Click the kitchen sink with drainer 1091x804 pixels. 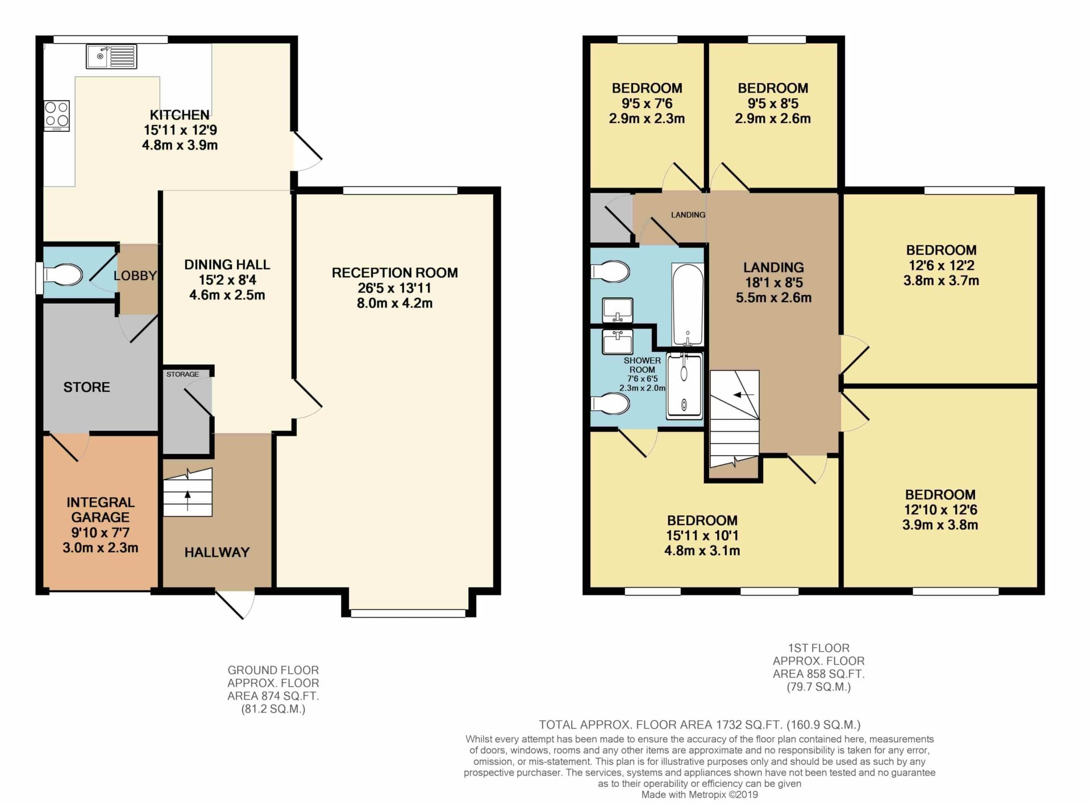[x=111, y=56]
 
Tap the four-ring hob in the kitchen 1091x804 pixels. [x=57, y=115]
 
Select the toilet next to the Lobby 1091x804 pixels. [x=62, y=275]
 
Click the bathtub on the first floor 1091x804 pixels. [x=688, y=305]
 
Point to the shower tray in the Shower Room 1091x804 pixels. [x=684, y=384]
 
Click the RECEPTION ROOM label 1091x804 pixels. [x=395, y=273]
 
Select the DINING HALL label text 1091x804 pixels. [x=227, y=264]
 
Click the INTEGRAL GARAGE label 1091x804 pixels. [x=101, y=510]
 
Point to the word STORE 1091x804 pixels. [x=86, y=387]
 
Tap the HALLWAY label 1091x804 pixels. [x=217, y=552]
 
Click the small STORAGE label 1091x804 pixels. [x=182, y=374]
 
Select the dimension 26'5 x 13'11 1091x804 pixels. [x=394, y=288]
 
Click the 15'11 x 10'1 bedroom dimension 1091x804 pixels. [x=702, y=535]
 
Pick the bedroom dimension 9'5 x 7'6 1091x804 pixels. [x=647, y=103]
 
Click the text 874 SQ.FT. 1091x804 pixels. [x=273, y=696]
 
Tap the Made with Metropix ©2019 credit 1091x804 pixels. [x=699, y=795]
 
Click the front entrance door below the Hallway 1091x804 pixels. [x=235, y=605]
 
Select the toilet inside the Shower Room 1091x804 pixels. [x=610, y=404]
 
